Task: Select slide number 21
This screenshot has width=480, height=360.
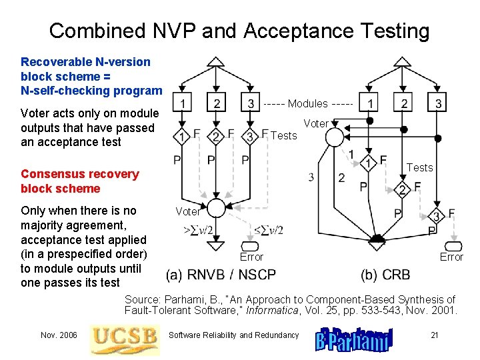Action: pos(434,335)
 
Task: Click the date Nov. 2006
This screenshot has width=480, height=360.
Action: pos(58,335)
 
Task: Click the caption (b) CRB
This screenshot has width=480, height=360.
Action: pos(386,274)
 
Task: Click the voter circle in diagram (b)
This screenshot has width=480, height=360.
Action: pos(335,137)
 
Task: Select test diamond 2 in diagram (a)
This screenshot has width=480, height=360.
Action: pos(215,137)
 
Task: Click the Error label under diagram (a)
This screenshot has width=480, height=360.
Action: pos(251,257)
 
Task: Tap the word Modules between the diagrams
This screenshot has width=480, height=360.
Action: pos(307,103)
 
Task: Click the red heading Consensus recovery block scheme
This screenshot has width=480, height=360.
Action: pos(80,181)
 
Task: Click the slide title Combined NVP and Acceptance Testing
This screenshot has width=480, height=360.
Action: pos(239,31)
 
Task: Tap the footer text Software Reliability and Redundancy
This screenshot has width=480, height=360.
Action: pos(234,335)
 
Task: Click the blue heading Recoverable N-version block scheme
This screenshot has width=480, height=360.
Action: pos(91,76)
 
